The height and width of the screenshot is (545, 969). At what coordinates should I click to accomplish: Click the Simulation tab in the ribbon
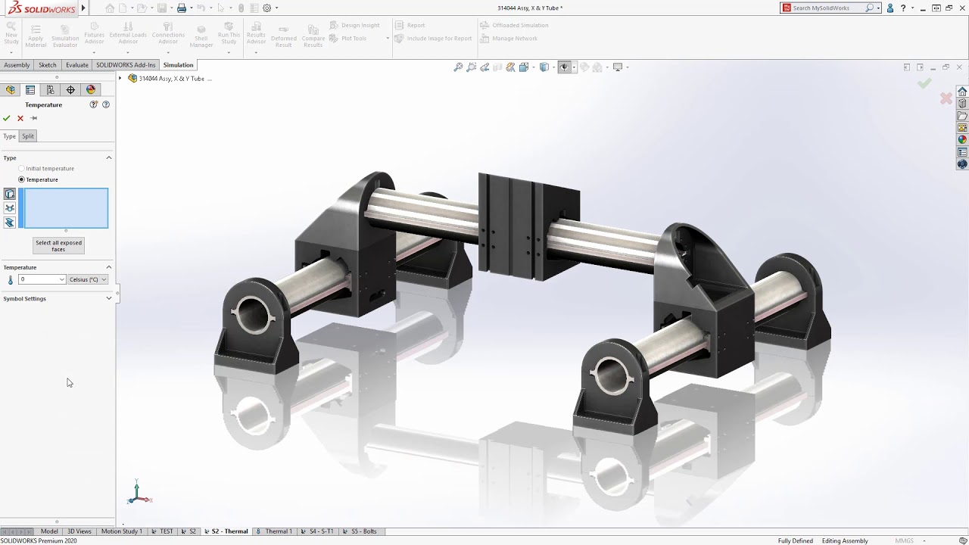[x=178, y=65]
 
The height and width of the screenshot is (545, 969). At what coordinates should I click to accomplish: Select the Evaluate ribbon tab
[x=76, y=65]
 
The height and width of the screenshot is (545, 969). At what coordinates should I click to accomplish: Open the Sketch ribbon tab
[x=48, y=65]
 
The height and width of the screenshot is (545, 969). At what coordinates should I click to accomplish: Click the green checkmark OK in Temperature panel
[x=7, y=118]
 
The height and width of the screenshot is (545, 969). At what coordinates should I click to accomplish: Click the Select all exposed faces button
[x=58, y=246]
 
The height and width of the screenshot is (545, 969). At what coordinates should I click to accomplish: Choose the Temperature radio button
[x=22, y=179]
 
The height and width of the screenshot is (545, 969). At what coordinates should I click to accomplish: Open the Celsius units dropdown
[x=88, y=279]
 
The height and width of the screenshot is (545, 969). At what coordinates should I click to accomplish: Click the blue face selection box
[x=66, y=208]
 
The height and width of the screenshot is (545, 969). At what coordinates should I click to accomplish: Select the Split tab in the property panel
[x=28, y=136]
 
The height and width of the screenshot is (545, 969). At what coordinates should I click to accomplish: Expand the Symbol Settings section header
[x=57, y=298]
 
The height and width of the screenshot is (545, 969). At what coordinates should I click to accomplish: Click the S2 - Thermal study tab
[x=226, y=531]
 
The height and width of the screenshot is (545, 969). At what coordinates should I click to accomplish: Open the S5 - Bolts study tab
[x=360, y=531]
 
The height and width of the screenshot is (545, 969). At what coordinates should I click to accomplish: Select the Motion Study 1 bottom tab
[x=121, y=531]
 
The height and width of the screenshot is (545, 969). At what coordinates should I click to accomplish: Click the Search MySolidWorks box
[x=827, y=8]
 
